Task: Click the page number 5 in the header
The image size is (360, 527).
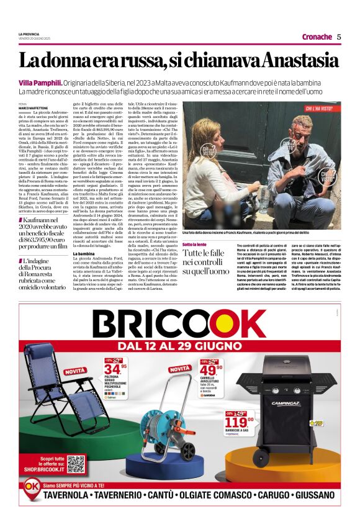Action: pos(339,37)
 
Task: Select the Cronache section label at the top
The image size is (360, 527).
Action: pos(317,37)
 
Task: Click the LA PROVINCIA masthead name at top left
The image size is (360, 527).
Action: pos(29,34)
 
